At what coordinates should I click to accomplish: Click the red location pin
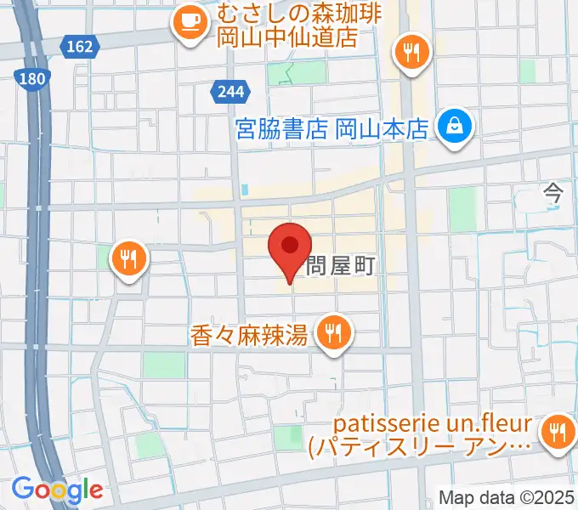(289, 247)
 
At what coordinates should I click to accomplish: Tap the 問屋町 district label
(341, 265)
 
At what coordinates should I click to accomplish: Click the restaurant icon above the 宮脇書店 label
(412, 54)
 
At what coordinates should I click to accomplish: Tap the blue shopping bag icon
(455, 127)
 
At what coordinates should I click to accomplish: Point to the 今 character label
(553, 193)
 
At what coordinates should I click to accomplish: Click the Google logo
(57, 490)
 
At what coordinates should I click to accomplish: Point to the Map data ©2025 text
(507, 497)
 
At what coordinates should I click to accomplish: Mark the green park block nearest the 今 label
(462, 208)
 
